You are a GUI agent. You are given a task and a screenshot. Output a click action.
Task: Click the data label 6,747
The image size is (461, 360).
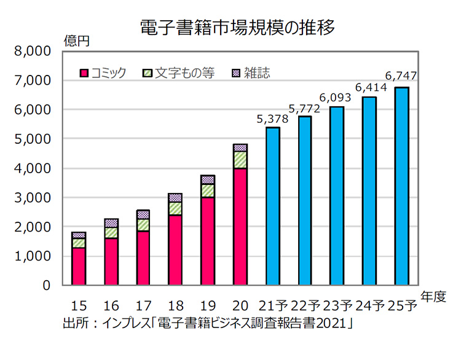click(401, 76)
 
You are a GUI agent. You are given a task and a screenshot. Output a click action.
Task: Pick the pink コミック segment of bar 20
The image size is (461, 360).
click(240, 227)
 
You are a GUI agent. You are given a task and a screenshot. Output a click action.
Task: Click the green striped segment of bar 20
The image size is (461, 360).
click(240, 160)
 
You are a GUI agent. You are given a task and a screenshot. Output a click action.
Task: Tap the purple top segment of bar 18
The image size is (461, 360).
click(175, 197)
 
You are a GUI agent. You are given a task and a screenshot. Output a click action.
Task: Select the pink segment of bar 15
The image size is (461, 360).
click(79, 267)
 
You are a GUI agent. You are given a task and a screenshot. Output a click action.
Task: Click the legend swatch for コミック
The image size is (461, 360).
click(85, 74)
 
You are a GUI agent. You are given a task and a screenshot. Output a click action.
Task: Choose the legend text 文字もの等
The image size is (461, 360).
click(184, 73)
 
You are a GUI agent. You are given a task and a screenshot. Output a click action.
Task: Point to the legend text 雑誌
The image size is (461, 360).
click(256, 73)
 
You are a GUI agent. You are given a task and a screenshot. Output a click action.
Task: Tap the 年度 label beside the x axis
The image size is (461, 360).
click(433, 295)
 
